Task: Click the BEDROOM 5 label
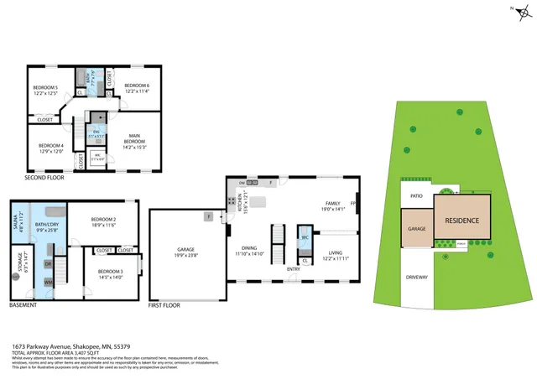[44, 87]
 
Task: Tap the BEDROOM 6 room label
[137, 86]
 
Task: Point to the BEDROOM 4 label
[51, 147]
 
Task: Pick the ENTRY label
[293, 268]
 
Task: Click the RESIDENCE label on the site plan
[461, 221]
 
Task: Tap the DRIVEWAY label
[417, 277]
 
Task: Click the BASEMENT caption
[23, 305]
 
